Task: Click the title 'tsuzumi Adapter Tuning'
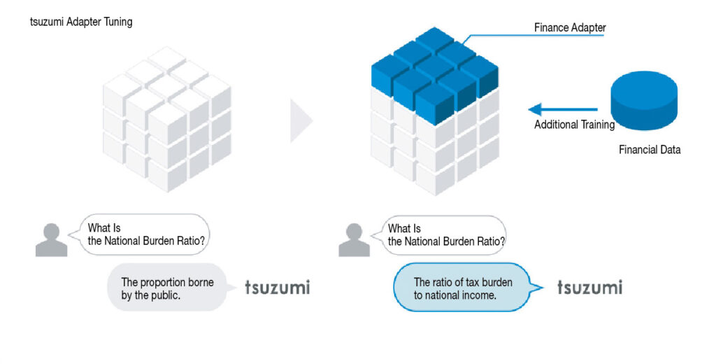pos(81,22)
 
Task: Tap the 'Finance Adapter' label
pos(570,27)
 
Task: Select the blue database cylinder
pos(644,101)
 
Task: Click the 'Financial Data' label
pos(650,150)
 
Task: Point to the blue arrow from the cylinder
pos(563,109)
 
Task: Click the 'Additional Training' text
pos(575,125)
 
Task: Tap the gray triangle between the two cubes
pos(301,120)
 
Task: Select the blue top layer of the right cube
pos(434,76)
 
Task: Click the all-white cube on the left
pos(167,119)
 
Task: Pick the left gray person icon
pos(52,239)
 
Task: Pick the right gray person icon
pos(354,239)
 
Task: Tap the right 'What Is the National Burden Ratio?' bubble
pos(439,235)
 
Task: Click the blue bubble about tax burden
pos(466,288)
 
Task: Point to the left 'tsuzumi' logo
pos(278,287)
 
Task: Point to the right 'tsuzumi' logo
pos(589,287)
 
